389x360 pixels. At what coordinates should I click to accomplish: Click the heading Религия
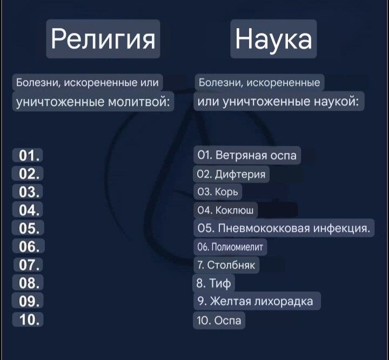[103, 39]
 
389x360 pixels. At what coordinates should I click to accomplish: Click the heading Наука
[273, 39]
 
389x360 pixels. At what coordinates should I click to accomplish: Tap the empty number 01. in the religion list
[28, 156]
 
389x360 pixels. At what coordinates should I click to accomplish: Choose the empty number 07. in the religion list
[28, 265]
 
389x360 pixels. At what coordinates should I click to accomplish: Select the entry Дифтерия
[232, 174]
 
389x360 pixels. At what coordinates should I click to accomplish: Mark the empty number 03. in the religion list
[28, 192]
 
